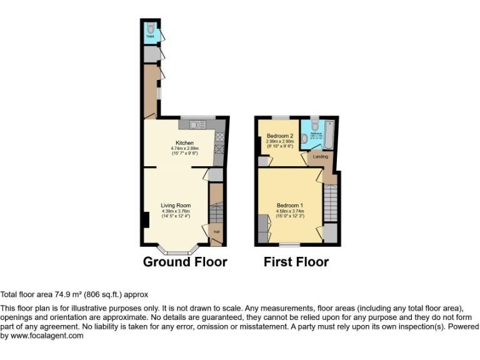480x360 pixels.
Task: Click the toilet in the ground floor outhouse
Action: (150, 27)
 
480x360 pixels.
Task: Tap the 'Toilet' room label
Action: (150, 37)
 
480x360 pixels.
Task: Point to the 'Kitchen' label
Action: (184, 142)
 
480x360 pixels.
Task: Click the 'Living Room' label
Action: (176, 206)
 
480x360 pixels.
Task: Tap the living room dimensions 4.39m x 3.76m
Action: (176, 211)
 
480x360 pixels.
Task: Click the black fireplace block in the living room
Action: (145, 220)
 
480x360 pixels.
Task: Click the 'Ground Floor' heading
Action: (185, 261)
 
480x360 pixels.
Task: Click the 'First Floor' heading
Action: (296, 261)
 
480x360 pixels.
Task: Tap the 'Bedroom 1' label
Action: (289, 206)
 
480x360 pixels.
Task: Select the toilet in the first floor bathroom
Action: (314, 125)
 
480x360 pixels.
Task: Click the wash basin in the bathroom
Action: (304, 139)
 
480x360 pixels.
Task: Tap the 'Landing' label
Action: (321, 156)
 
